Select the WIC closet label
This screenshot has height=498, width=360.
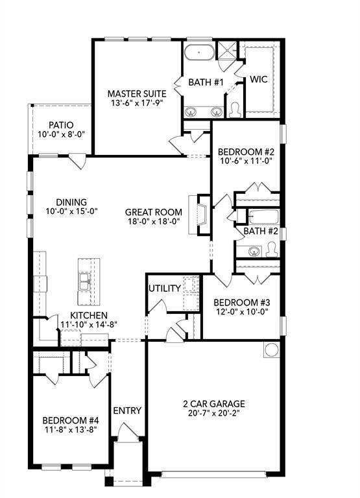point(259,79)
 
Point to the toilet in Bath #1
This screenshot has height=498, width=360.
point(235,111)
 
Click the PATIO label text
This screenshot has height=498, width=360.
point(61,125)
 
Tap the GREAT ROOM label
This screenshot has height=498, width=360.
point(153,212)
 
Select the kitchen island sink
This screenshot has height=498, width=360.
point(85,281)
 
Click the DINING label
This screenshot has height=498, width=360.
point(71,202)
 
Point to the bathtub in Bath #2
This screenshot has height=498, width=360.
point(257,217)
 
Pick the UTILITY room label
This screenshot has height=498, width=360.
point(164,288)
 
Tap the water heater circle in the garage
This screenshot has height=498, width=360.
point(270,350)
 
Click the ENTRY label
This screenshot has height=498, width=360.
point(126,410)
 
